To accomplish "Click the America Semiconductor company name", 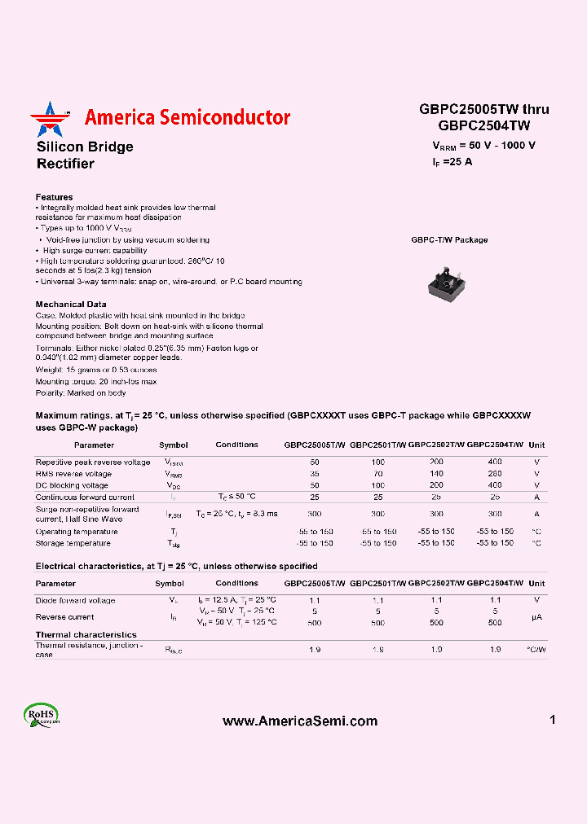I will point(188,117).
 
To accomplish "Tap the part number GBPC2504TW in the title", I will point(483,125).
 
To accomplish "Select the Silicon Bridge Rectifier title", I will point(85,155).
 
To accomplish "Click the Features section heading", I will point(54,197).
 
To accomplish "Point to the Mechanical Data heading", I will point(71,304).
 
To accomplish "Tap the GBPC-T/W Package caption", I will point(449,240).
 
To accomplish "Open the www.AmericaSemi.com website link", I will point(300,721).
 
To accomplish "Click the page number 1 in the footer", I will point(553,720).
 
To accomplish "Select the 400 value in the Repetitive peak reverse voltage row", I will point(495,462).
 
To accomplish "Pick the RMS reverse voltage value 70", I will point(377,473).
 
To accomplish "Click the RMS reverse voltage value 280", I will point(495,473).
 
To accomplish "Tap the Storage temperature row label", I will point(73,543).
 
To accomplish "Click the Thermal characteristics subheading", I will point(86,634).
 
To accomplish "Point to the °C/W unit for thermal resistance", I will point(536,650).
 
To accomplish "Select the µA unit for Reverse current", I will point(536,617).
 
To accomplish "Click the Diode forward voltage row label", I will point(75,600).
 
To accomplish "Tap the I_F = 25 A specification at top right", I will point(452,161).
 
